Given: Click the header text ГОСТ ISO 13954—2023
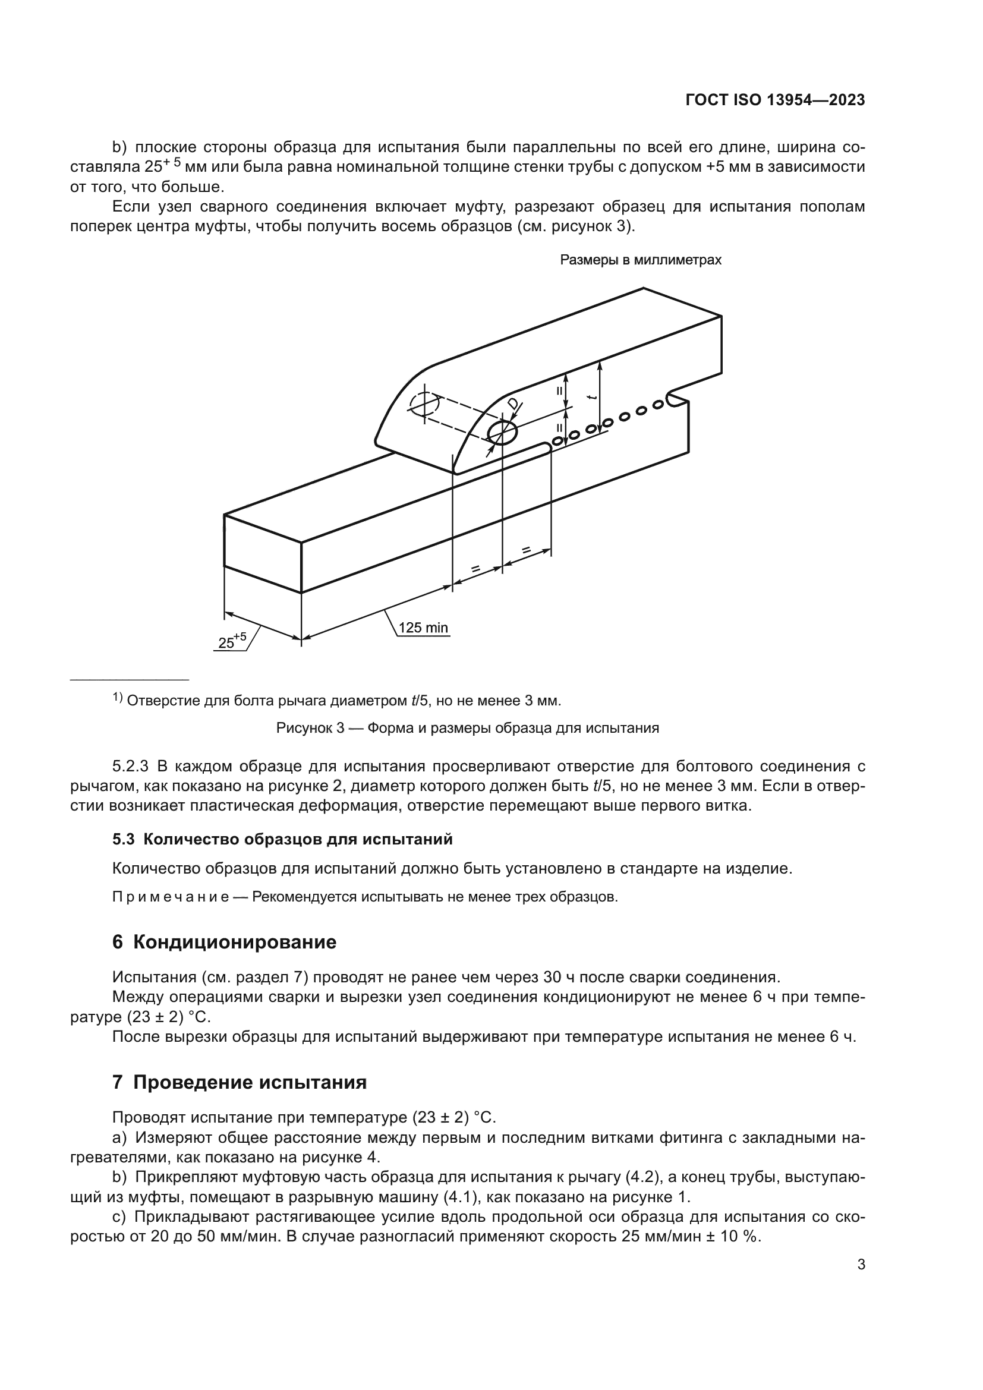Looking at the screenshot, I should pos(775,100).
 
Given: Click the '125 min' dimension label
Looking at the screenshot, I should pos(423,628).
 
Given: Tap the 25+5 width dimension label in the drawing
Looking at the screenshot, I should pos(232,641).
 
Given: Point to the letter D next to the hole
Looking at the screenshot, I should pos(513,404).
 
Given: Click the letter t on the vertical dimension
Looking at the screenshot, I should pos(592,397).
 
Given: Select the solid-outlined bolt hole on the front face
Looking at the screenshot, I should pos(502,432).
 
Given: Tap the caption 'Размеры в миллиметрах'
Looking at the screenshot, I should pos(641,260).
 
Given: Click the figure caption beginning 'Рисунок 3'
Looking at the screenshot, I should pos(467,728).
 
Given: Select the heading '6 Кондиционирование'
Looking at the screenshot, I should pos(225,942).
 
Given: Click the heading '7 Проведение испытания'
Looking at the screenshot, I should pos(240,1082).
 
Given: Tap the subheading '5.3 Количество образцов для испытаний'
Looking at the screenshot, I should pos(282,839).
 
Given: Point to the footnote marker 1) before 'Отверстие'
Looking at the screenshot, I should pos(118,698).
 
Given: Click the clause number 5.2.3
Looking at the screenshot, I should pos(130,767).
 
